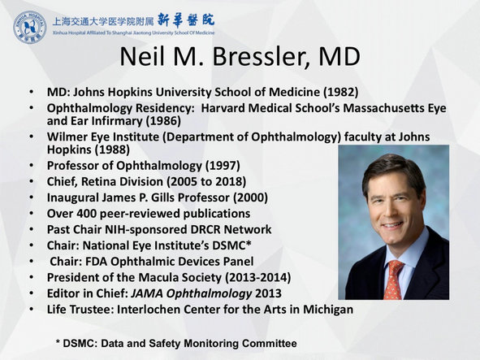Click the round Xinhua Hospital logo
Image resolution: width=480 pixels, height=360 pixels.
pyautogui.click(x=30, y=28)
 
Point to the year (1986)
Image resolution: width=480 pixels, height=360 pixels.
pyautogui.click(x=163, y=121)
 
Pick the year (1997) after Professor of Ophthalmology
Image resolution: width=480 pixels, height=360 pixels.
pyautogui.click(x=223, y=166)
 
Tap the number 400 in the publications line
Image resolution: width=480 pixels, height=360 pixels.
pyautogui.click(x=86, y=214)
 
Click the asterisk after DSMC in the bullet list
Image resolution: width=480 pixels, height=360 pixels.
pyautogui.click(x=249, y=243)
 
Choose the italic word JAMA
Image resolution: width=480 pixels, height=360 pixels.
pyautogui.click(x=147, y=293)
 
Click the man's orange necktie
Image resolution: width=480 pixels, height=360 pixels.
pyautogui.click(x=393, y=280)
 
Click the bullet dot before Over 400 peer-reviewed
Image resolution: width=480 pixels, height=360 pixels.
pyautogui.click(x=32, y=213)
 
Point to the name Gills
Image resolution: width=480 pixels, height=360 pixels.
pyautogui.click(x=162, y=197)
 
